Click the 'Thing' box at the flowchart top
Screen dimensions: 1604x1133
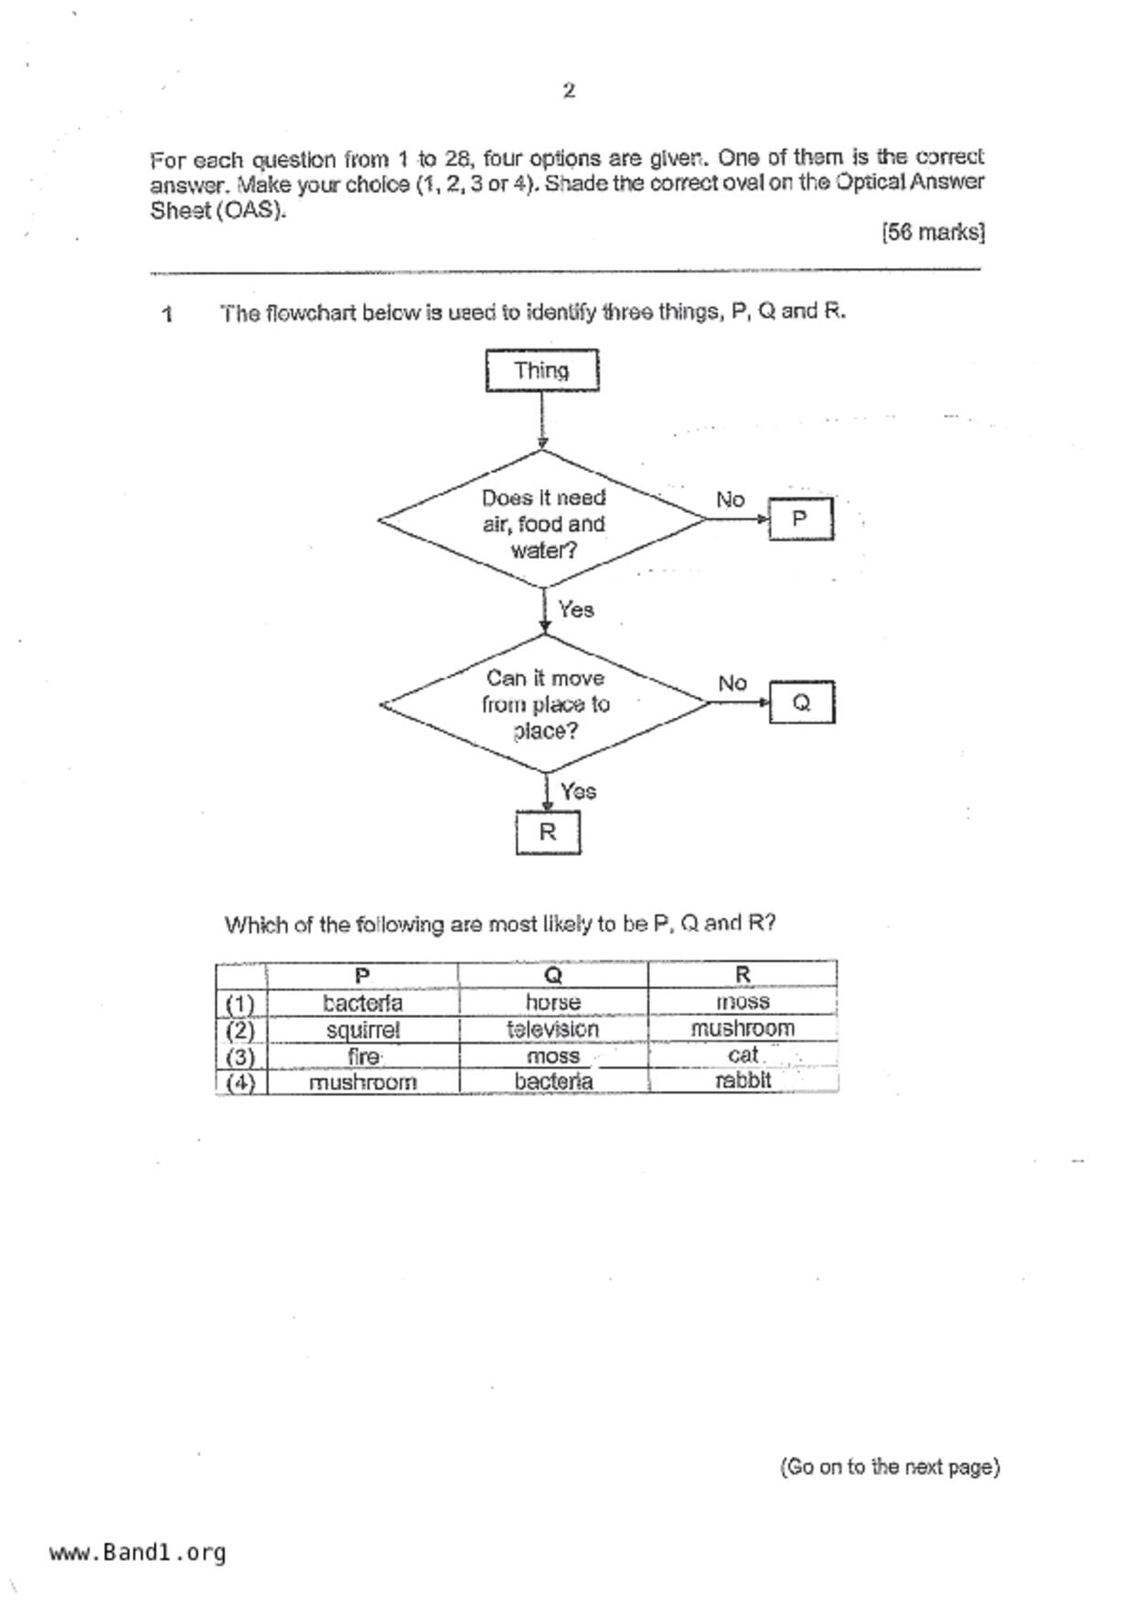pos(541,370)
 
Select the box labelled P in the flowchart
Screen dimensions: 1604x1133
pos(800,519)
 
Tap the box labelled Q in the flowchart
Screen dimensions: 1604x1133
pos(801,702)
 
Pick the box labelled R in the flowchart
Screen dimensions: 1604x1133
pos(548,832)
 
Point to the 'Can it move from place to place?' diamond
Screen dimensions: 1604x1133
pos(545,704)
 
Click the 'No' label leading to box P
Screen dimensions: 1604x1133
pos(730,499)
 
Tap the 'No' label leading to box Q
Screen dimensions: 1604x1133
pos(732,683)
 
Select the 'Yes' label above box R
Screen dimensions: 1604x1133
pos(578,791)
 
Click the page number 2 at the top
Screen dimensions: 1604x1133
pos(569,91)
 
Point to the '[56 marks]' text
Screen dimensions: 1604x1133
pos(933,232)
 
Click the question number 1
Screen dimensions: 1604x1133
pos(167,315)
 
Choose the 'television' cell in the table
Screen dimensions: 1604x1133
pos(553,1029)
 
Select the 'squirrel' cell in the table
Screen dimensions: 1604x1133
pos(363,1030)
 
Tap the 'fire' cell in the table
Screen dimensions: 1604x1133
pos(363,1056)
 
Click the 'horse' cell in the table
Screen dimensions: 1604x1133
pos(553,1002)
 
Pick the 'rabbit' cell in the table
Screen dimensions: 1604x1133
pos(743,1081)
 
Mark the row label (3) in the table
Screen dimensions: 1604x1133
pos(240,1056)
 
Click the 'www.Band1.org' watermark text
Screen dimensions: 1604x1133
pos(137,1552)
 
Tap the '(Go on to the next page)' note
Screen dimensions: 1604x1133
pos(889,1467)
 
